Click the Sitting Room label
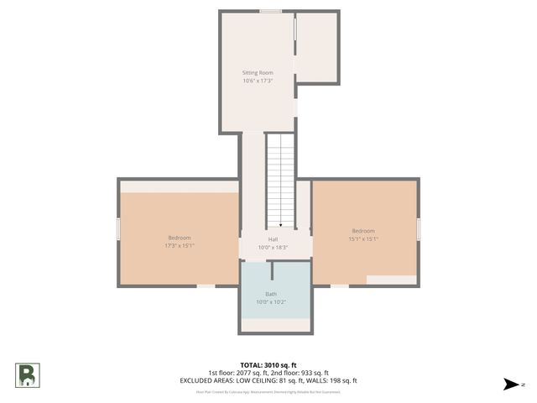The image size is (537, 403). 258,73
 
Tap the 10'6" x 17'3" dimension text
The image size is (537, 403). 258,81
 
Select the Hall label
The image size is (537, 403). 273,239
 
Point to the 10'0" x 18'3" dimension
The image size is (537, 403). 273,248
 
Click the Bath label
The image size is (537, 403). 271,294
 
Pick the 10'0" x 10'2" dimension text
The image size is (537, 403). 271,302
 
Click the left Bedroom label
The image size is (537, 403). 179,238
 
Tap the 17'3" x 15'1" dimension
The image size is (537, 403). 179,246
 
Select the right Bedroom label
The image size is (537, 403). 363,231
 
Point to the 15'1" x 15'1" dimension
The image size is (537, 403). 363,239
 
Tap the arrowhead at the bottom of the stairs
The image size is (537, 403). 280,224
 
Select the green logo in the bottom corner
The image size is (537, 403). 26,374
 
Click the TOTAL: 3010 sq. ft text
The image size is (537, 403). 268,365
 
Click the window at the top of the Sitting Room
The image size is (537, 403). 270,11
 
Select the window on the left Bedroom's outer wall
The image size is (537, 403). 118,228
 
